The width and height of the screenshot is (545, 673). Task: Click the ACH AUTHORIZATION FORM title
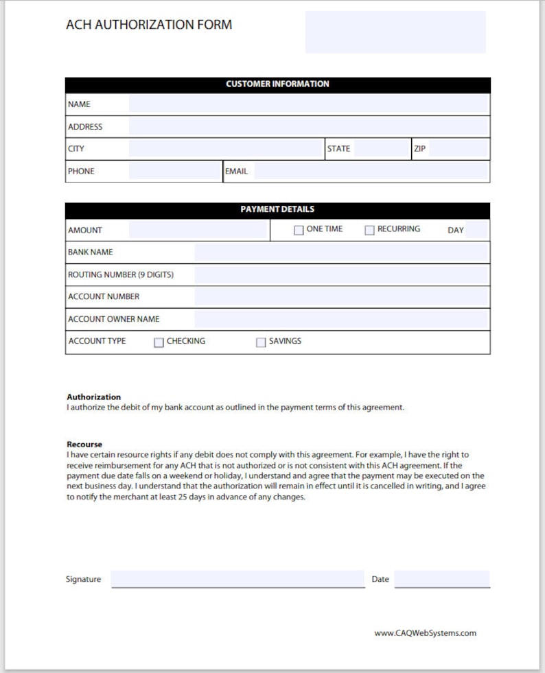149,25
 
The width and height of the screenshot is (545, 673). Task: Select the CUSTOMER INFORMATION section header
277,84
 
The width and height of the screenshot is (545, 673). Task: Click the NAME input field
308,104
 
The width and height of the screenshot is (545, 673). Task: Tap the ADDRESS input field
308,126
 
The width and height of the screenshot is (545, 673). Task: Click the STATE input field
382,149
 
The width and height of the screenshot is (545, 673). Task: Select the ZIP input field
459,149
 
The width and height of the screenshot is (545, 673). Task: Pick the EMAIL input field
371,171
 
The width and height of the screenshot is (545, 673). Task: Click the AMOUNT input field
198,230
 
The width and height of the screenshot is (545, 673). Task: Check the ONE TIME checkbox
299,231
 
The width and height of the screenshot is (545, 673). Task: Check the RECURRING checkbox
369,231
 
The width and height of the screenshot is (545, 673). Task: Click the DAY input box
477,230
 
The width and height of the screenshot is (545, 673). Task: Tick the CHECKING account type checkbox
159,342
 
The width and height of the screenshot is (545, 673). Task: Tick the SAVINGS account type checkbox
261,342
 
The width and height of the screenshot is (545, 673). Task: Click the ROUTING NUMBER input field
341,275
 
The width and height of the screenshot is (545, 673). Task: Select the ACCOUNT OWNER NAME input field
341,319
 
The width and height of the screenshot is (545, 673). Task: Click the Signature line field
237,579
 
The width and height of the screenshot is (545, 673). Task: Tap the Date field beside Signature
442,579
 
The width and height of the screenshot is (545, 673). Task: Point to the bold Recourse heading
84,445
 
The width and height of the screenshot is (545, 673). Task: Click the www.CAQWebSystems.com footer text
425,633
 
